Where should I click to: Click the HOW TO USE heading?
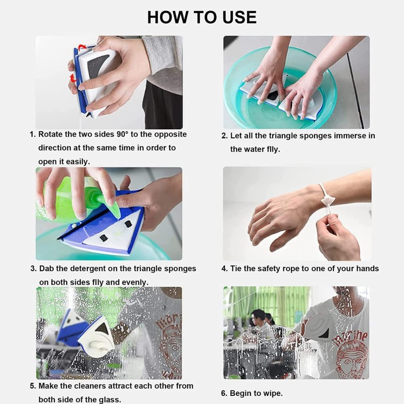(x=201, y=17)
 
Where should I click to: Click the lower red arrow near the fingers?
(x=74, y=78)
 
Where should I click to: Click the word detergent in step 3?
(x=87, y=269)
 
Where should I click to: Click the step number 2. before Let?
(x=224, y=136)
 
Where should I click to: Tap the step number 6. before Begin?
(x=224, y=393)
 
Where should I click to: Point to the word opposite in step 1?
(x=171, y=134)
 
